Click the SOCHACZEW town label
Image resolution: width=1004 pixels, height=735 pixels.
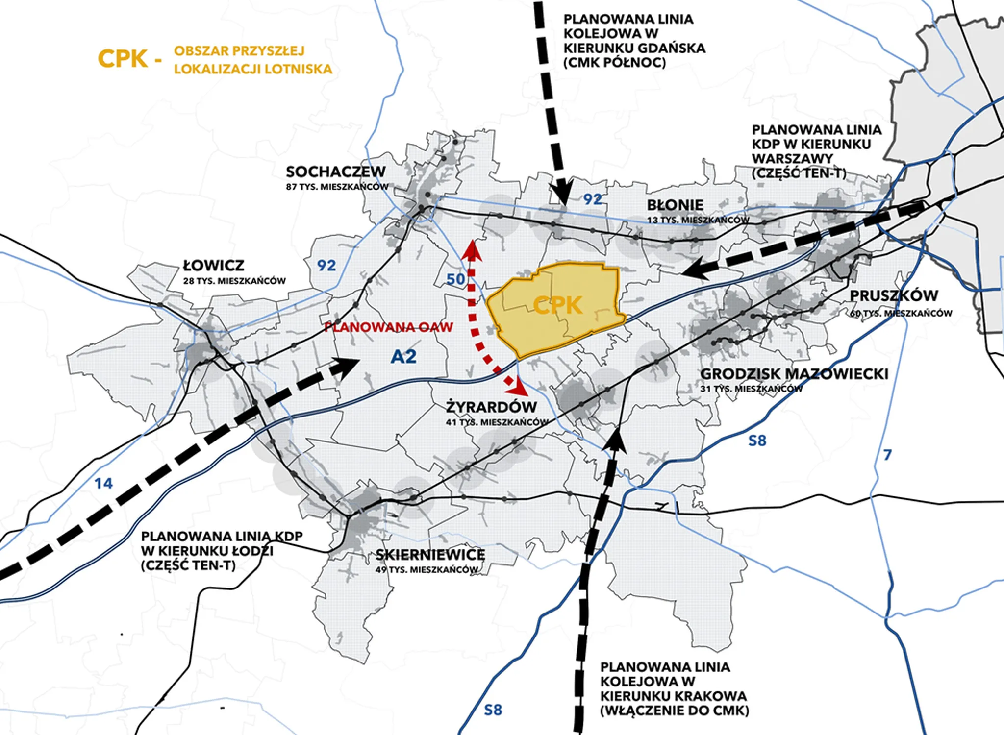(336, 171)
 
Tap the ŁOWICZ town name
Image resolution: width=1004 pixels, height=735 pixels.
(213, 265)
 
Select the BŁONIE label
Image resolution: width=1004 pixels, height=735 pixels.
(675, 205)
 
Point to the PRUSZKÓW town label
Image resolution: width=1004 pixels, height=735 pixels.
(894, 295)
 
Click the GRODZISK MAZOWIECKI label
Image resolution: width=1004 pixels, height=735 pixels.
(794, 374)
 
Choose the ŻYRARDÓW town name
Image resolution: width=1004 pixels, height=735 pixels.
(492, 406)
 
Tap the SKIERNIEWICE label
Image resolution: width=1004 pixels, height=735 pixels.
(430, 555)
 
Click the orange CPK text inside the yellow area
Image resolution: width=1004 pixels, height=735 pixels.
(557, 305)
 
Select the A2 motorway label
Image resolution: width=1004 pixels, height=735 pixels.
(403, 356)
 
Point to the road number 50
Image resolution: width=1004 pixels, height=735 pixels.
(455, 279)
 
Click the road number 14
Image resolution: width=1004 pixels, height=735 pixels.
(103, 484)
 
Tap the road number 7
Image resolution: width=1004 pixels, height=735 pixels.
(887, 455)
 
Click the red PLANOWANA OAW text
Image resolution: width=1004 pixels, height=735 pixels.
(389, 327)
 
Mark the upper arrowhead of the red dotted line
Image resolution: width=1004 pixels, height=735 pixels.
(472, 249)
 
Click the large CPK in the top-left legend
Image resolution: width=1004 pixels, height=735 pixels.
(123, 59)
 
